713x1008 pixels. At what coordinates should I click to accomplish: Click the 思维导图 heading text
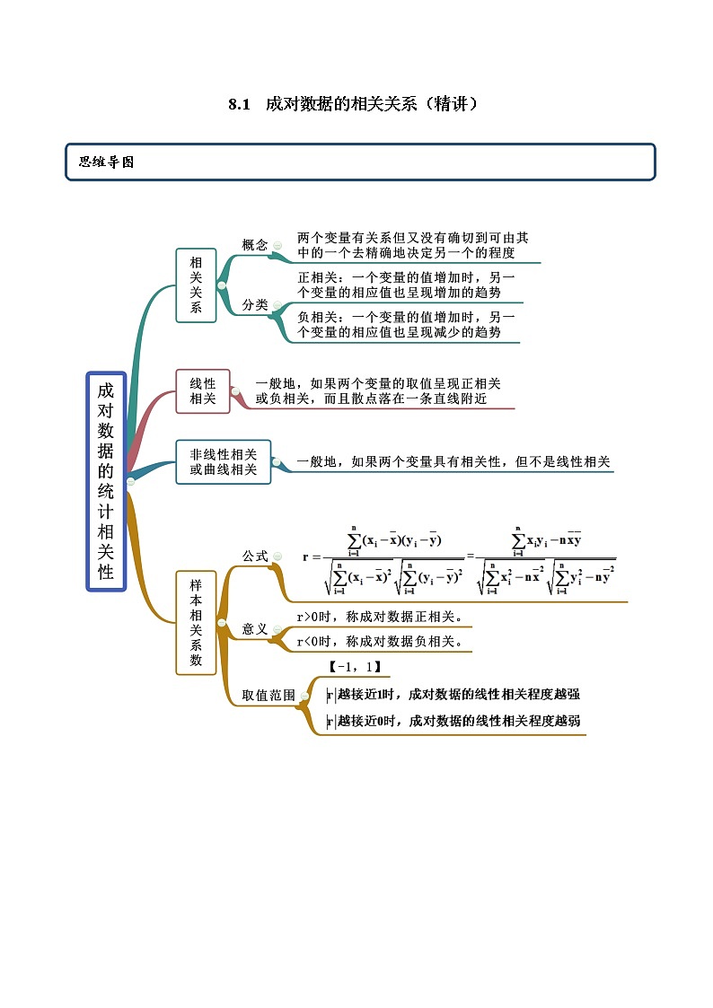pos(107,162)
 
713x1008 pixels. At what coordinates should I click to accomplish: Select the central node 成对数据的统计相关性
pos(106,481)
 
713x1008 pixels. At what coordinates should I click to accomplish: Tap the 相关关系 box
pos(196,285)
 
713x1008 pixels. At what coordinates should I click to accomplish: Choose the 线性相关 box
pos(203,391)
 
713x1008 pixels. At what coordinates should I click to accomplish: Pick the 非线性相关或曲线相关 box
pos(224,461)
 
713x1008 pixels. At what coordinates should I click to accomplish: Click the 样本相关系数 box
pos(196,622)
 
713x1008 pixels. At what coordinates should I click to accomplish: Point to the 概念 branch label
pos(255,245)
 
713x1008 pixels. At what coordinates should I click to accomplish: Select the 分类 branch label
pos(255,305)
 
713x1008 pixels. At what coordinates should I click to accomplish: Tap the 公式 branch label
pos(255,557)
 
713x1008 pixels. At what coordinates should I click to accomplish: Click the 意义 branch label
pos(255,629)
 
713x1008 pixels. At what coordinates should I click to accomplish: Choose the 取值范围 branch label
pos(268,695)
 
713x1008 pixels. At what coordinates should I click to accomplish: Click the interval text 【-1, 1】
pos(355,667)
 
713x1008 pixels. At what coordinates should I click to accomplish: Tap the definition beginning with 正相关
pos(407,285)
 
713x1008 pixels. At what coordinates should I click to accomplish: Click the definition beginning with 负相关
pos(407,325)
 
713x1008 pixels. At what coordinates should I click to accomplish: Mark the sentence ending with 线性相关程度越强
pos(453,694)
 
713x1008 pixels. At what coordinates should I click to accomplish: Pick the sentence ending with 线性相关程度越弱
pos(453,721)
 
